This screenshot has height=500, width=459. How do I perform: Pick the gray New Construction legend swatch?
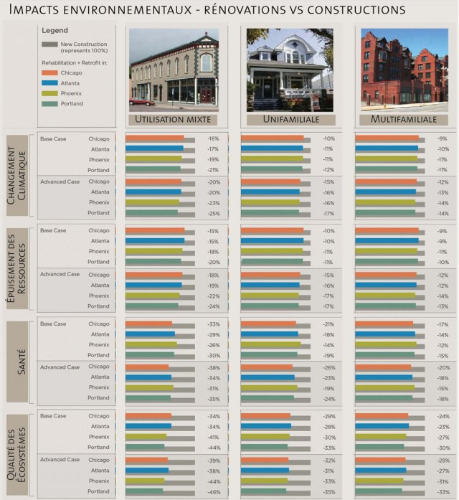pyautogui.click(x=49, y=44)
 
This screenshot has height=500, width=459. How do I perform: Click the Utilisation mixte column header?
pyautogui.click(x=174, y=119)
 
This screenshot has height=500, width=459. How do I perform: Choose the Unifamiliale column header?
pyautogui.click(x=290, y=119)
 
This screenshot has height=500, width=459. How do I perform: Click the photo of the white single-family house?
pyautogui.click(x=290, y=69)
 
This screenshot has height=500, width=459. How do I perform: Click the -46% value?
pyautogui.click(x=213, y=491)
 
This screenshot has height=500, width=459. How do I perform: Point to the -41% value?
pyautogui.click(x=213, y=437)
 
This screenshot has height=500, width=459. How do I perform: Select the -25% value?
pyautogui.click(x=213, y=213)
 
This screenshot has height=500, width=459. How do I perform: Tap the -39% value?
pyautogui.click(x=213, y=460)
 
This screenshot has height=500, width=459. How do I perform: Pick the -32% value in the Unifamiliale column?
pyautogui.click(x=328, y=460)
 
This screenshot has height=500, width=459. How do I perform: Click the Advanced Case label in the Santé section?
pyautogui.click(x=60, y=367)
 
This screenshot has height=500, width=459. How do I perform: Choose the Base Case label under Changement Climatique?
pyautogui.click(x=53, y=138)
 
